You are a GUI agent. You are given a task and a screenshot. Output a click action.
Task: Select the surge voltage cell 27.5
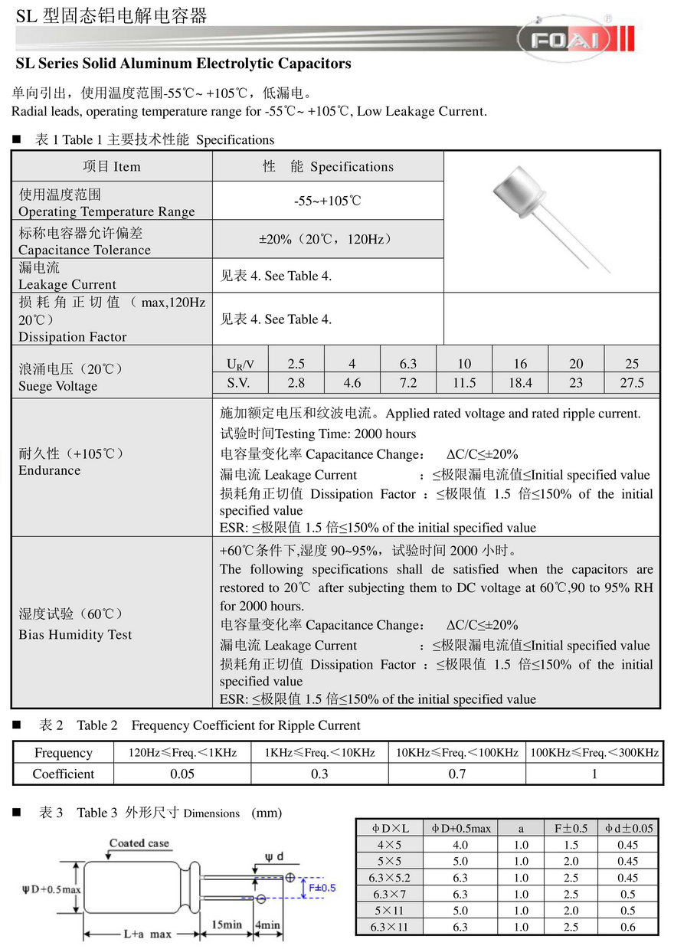632,383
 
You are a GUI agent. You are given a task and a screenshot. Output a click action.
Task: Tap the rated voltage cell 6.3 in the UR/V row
408,363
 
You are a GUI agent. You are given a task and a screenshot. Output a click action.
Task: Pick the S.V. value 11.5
464,383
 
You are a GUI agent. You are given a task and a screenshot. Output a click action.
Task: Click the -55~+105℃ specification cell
328,201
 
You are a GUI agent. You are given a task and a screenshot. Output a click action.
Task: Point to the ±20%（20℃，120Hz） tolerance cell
328,239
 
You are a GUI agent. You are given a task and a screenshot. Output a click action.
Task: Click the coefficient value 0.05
182,774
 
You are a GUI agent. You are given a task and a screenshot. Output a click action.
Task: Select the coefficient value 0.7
456,774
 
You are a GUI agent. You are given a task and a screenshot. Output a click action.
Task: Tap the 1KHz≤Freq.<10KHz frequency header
319,753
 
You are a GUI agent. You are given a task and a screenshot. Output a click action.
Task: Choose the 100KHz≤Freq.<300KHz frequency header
594,753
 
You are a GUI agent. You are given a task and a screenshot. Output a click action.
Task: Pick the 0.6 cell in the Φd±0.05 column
628,927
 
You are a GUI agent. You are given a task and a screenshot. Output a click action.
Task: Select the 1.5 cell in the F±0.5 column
571,845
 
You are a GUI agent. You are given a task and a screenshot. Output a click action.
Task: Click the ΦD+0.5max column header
461,828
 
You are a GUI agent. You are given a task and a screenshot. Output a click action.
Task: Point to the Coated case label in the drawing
139,843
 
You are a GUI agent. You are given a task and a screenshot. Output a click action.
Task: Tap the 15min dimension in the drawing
226,924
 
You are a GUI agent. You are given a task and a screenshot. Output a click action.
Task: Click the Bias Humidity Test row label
75,635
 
